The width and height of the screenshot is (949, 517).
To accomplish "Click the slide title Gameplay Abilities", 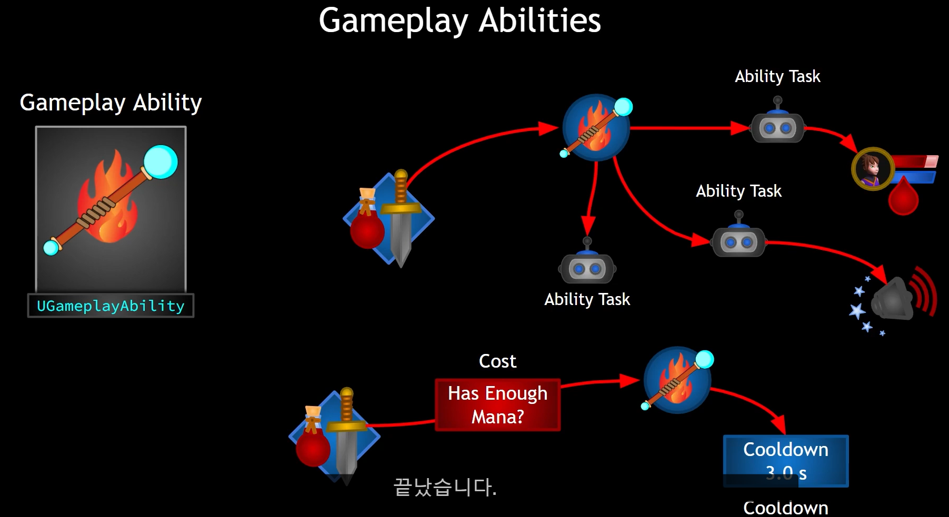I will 459,21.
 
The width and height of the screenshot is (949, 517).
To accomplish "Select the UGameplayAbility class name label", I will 111,306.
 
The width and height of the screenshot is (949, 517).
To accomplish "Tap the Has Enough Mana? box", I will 497,405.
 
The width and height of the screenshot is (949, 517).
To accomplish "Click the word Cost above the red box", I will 497,361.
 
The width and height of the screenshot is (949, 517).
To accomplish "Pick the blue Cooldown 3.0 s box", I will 785,461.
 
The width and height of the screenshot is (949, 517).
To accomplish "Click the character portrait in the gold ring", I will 872,168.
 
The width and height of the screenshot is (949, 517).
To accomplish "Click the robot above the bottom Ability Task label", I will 587,267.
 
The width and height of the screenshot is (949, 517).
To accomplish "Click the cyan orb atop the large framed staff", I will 161,161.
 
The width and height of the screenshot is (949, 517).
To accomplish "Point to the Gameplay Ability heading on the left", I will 111,103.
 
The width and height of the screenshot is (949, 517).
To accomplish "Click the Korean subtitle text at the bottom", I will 445,487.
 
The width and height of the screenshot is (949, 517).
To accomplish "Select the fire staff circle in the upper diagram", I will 596,128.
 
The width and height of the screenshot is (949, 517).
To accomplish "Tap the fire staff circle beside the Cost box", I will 677,380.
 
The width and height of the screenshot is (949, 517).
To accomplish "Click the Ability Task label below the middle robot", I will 587,299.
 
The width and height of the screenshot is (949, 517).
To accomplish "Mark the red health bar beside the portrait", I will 915,161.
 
